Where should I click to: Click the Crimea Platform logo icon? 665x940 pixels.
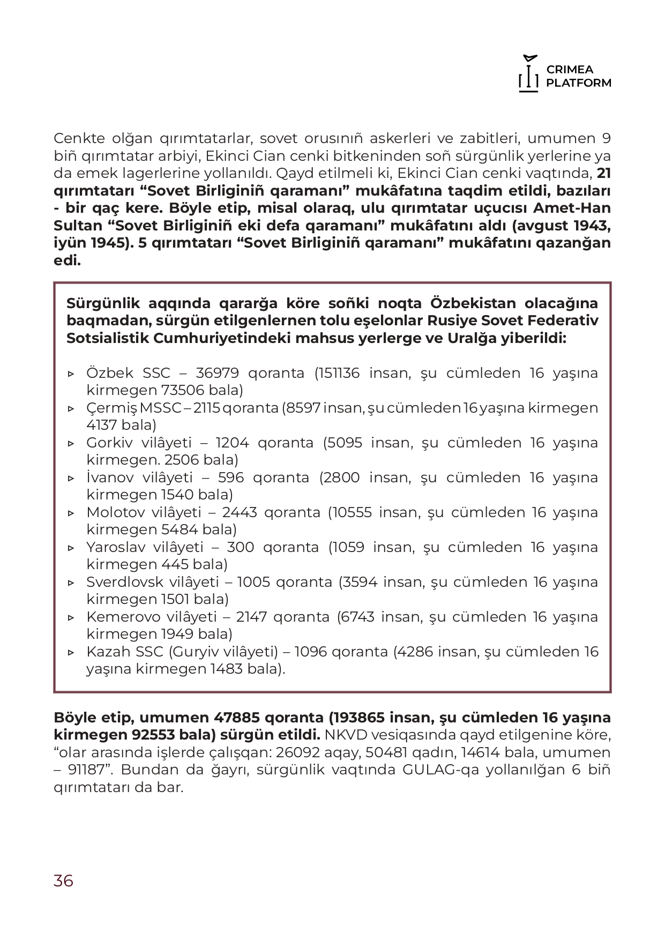point(528,74)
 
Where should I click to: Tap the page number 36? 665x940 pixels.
point(63,881)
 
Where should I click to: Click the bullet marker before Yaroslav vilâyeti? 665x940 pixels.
point(71,548)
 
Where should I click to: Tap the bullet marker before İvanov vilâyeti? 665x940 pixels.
point(71,478)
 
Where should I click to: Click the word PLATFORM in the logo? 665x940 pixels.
point(579,83)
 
